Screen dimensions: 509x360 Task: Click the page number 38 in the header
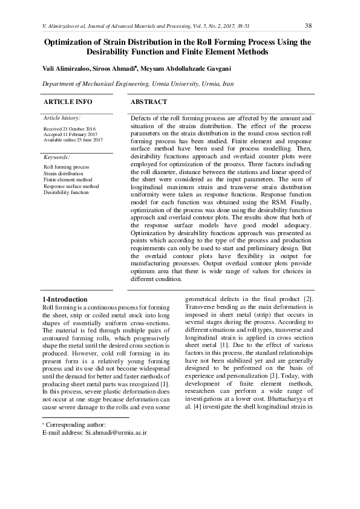(308, 25)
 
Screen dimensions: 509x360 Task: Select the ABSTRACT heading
(149, 102)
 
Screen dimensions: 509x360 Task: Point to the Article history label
(62, 118)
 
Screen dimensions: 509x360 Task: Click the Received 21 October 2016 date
(70, 129)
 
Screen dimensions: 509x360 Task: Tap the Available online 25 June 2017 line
(73, 140)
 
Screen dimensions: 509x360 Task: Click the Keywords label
(57, 157)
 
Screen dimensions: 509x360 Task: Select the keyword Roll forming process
(66, 167)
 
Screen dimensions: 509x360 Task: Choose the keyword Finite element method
(68, 180)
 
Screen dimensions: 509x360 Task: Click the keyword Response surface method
(71, 186)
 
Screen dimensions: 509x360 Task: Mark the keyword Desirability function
(66, 192)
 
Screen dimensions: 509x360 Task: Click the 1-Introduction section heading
(65, 299)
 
